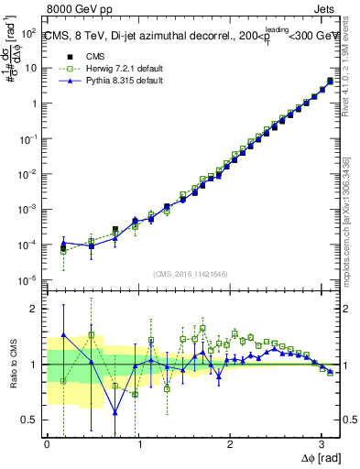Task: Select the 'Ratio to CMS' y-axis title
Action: [15, 365]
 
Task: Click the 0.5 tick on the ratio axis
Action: [32, 420]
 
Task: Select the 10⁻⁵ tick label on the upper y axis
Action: [29, 280]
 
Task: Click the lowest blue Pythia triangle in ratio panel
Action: [115, 413]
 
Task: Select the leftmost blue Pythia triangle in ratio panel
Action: [63, 335]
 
